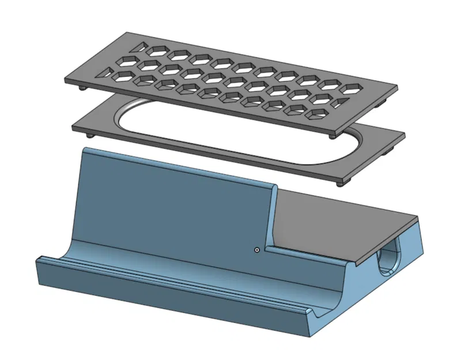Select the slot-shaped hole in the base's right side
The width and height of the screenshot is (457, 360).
click(388, 260)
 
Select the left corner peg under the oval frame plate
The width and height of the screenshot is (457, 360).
click(90, 135)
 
